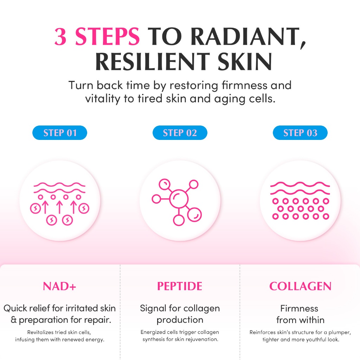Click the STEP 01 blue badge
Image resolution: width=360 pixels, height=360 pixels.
[x=60, y=133]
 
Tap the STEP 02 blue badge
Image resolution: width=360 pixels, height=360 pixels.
[x=180, y=133]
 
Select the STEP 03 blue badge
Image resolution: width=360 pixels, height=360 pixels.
[x=300, y=133]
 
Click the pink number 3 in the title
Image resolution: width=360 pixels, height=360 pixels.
[x=60, y=36]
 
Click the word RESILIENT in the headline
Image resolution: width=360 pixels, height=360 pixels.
[x=153, y=62]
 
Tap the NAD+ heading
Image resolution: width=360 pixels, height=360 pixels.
[x=59, y=286]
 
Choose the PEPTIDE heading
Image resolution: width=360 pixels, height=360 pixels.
[x=180, y=286]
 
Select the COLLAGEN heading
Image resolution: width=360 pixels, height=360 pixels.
[x=300, y=286]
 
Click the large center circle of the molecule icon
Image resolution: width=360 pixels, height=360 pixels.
[x=179, y=199]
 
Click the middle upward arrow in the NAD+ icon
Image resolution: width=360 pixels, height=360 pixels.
[x=60, y=207]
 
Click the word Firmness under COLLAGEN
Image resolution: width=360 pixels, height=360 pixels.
[x=299, y=308]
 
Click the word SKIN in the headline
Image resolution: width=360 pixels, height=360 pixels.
[x=245, y=62]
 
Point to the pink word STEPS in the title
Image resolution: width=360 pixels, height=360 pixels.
[x=108, y=36]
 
